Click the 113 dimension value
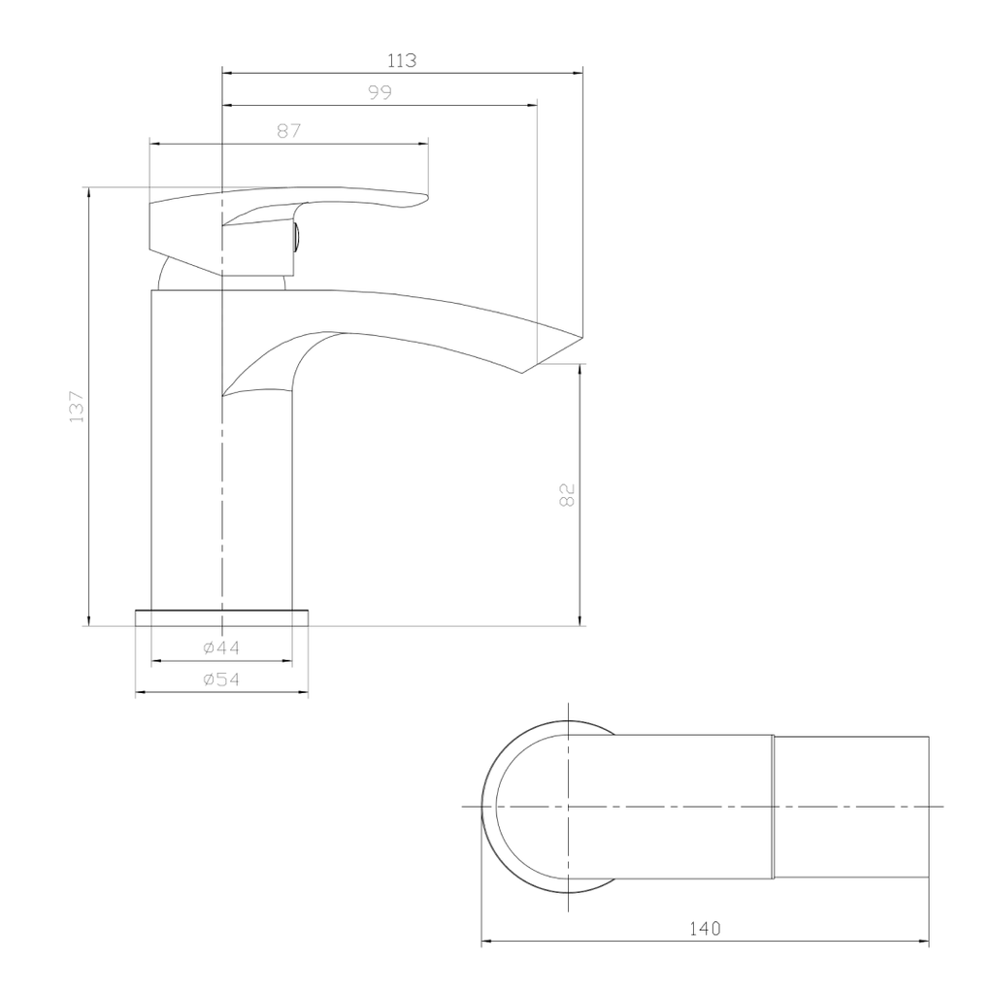point(402,60)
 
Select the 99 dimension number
point(380,93)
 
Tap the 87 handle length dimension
point(288,131)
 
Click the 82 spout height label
point(568,494)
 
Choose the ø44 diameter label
point(221,647)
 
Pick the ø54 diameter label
point(221,679)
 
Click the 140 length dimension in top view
point(705,928)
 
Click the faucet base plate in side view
point(221,618)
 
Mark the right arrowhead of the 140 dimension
point(924,941)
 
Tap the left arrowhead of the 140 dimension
point(486,941)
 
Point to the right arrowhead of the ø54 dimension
point(304,693)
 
